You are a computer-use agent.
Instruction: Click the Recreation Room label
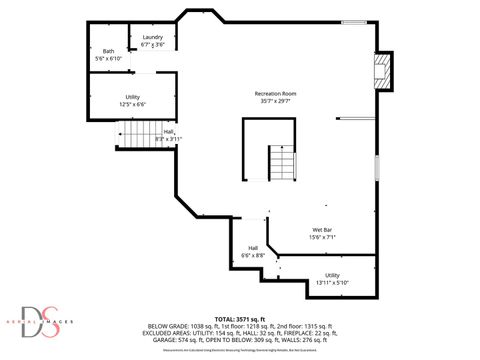[x=275, y=93]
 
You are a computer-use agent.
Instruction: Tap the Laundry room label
[x=152, y=37]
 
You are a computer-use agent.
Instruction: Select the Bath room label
[x=108, y=51]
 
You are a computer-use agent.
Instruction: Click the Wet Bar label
[x=322, y=229]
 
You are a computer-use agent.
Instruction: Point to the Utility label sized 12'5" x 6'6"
[x=132, y=96]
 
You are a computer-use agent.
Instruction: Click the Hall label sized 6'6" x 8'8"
[x=253, y=248]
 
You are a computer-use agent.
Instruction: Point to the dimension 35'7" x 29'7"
[x=275, y=101]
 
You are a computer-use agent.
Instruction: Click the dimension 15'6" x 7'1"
[x=322, y=237]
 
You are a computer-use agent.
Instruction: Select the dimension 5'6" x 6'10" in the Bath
[x=108, y=58]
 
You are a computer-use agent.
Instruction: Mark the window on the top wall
[x=353, y=22]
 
